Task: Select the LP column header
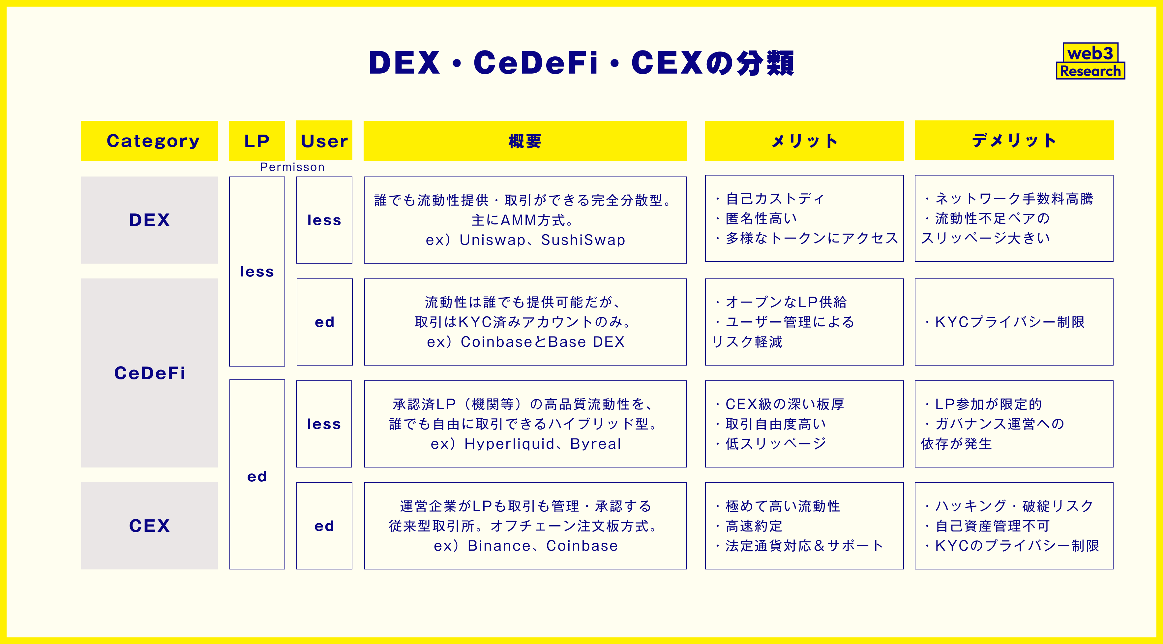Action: point(257,141)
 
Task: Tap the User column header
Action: point(324,141)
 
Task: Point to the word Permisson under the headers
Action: point(292,167)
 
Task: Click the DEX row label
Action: point(149,220)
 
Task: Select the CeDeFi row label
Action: point(149,373)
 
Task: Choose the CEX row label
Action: point(149,526)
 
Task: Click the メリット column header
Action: point(804,141)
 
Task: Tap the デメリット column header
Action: point(1014,141)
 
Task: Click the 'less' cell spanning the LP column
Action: point(257,272)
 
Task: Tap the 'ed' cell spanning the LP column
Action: point(257,476)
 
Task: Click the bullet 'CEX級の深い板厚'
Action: point(784,404)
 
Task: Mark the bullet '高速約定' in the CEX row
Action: point(754,526)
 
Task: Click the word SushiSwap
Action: point(583,240)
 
